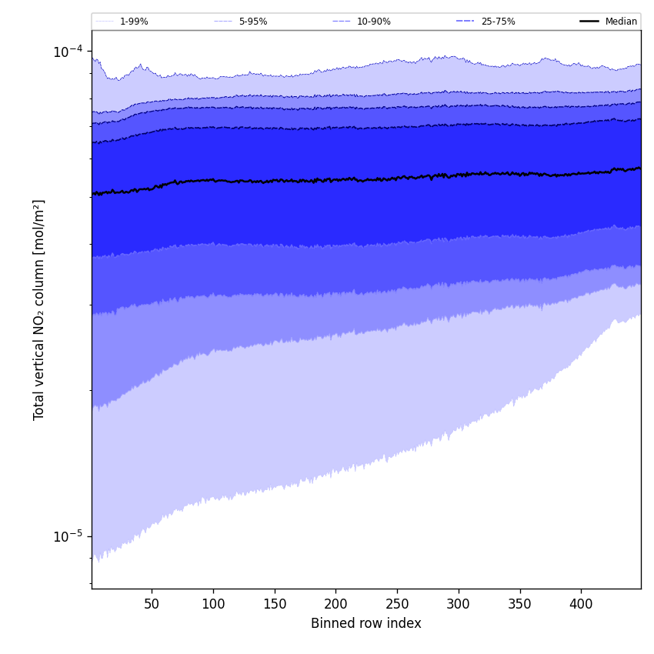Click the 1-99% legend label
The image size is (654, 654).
[134, 22]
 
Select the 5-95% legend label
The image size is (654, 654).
[253, 22]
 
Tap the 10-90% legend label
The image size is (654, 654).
[373, 22]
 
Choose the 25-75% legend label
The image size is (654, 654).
[498, 22]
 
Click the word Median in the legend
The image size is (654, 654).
[621, 22]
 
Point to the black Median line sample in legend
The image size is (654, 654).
[590, 22]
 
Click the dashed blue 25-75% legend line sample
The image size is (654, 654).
[465, 22]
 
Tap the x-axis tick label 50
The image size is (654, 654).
[152, 605]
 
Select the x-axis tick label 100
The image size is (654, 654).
[213, 605]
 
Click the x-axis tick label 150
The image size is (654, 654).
[275, 605]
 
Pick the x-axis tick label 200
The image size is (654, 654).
[335, 605]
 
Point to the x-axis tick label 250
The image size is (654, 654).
[397, 605]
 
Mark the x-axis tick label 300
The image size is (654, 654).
[459, 605]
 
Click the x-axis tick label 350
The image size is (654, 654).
[520, 605]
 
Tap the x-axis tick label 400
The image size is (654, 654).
[581, 605]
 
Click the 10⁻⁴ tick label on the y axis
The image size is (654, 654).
[68, 52]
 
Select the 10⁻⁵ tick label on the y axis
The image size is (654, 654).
[68, 536]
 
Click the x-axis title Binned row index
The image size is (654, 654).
[366, 624]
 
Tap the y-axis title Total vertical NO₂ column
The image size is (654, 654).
[39, 309]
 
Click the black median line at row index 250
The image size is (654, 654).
[397, 178]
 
